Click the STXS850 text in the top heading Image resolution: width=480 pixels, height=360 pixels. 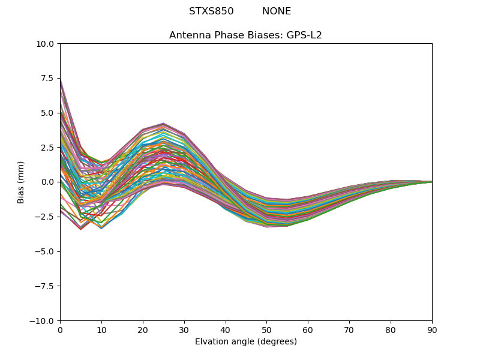point(211,11)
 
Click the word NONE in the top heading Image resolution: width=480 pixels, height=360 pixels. point(277,11)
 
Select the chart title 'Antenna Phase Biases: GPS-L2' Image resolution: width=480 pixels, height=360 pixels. point(245,35)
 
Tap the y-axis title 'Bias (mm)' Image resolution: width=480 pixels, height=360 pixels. point(21,182)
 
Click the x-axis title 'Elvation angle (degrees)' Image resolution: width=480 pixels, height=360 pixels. point(245,342)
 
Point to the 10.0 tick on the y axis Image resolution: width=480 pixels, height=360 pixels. point(46,44)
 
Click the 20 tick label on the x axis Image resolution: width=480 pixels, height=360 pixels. point(143,330)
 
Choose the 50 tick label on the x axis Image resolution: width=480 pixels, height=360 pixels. point(266,330)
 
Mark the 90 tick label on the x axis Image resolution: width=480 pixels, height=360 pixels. point(432,330)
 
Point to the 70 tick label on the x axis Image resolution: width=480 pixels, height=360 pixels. point(349,330)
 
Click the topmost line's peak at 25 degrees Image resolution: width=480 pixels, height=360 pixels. point(163,123)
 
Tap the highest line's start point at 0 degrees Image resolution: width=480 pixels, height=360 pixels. point(61,79)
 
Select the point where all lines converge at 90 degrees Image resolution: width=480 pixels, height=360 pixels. point(431,182)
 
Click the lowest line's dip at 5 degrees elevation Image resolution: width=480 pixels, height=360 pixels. point(80,229)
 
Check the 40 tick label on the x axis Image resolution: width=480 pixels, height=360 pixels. point(226,330)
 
